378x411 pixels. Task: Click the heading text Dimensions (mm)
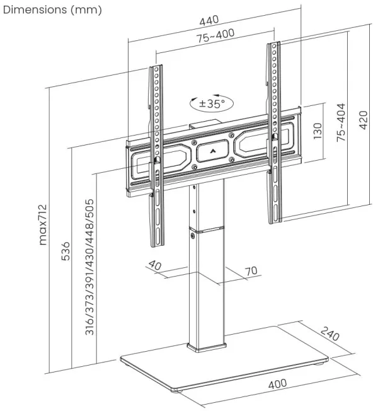point(52,10)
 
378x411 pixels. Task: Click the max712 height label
point(43,224)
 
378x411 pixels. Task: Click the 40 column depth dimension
point(156,266)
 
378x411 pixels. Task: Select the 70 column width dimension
point(251,272)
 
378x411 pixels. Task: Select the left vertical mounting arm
point(156,158)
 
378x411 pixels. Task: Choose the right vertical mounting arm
point(274,132)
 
